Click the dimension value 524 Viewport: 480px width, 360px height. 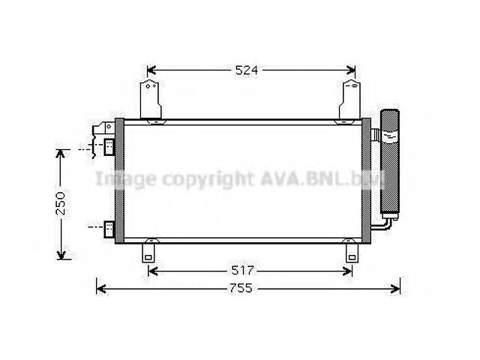click(247, 70)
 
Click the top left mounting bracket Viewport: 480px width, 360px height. click(151, 101)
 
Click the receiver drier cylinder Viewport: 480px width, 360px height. click(391, 161)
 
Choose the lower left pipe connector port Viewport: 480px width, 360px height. click(109, 227)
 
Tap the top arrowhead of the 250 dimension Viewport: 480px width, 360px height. click(61, 153)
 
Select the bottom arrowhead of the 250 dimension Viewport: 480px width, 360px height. click(61, 254)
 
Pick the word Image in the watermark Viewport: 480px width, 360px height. click(124, 178)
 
